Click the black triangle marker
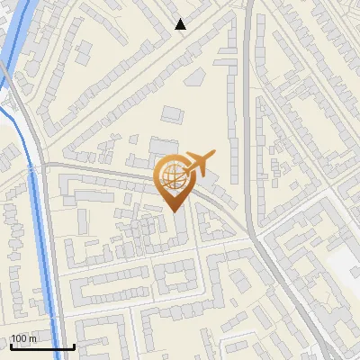point(181,24)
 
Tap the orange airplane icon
point(199,163)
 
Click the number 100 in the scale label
point(19,338)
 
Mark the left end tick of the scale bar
point(10,346)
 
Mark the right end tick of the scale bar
point(74,346)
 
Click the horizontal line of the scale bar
point(41,347)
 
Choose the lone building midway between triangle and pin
point(172,113)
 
